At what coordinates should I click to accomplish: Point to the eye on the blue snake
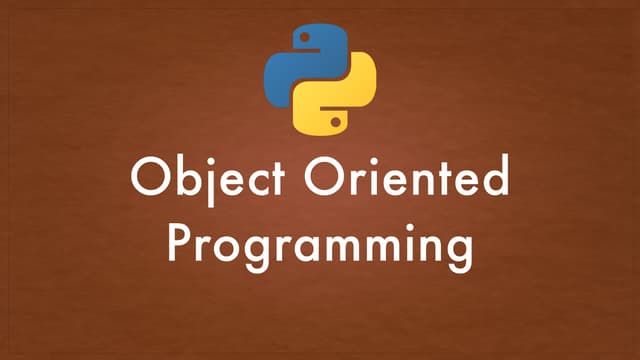click(x=301, y=39)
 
